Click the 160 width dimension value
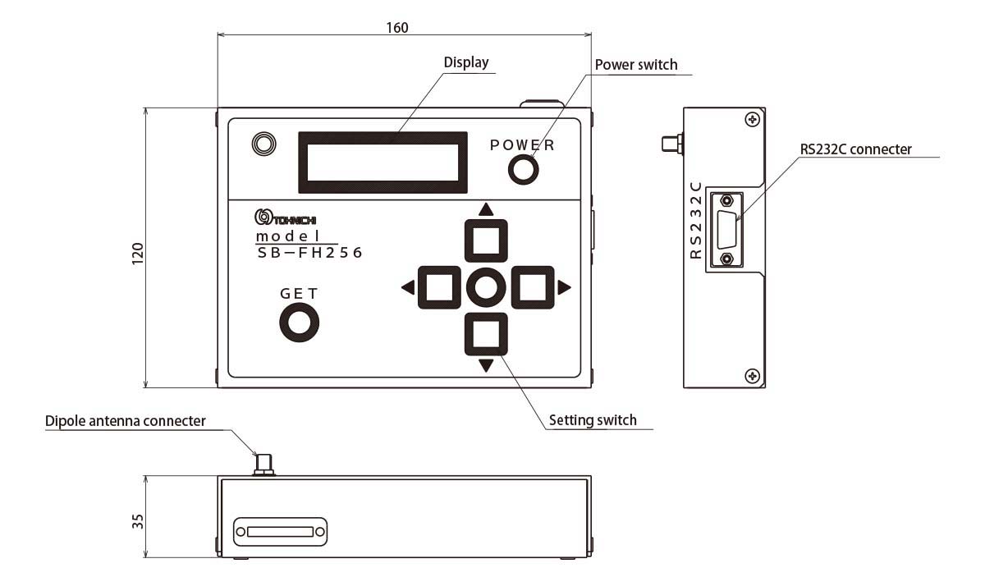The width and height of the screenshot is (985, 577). coord(397,27)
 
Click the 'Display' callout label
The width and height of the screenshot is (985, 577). coord(465,62)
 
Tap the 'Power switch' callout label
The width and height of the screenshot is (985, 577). coord(635,65)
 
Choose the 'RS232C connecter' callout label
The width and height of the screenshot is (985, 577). coord(855,149)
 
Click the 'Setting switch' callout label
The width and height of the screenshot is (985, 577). coord(593,420)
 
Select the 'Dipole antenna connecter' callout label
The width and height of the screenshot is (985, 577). coord(125,421)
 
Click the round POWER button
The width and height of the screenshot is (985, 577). coord(523,170)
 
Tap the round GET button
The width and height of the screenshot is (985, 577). coord(298,323)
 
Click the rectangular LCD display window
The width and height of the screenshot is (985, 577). coord(383,158)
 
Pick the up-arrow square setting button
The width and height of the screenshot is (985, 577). coord(486,240)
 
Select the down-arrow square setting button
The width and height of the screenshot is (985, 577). coord(486,334)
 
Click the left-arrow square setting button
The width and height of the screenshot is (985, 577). coord(439,287)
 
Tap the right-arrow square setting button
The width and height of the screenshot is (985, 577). coord(533,287)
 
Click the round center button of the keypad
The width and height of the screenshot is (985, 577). coord(486,287)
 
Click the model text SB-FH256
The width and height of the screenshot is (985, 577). coord(309,254)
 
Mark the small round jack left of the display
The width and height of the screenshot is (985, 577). coord(263,144)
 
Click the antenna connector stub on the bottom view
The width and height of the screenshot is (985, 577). coord(263,464)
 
